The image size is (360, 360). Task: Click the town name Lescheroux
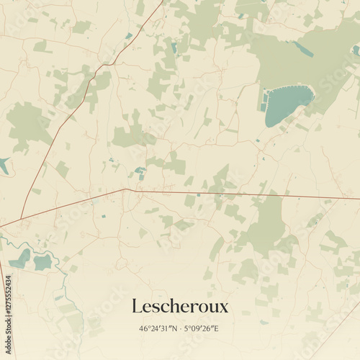pos(180,307)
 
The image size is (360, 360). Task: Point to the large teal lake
pos(287,104)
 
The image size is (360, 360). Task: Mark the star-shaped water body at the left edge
pos(4,165)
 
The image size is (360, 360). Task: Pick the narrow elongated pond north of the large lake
pos(302,49)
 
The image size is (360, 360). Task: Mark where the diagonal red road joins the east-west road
pos(126,189)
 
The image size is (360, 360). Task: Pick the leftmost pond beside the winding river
pos(19,258)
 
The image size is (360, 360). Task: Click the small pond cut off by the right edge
pos(356,50)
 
